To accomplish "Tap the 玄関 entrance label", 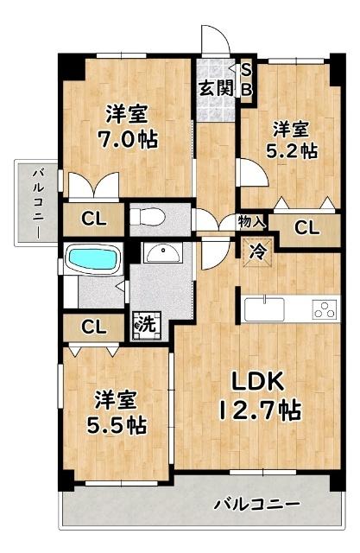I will pyautogui.click(x=215, y=87).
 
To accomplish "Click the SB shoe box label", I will pyautogui.click(x=246, y=79).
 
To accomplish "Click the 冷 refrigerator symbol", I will pyautogui.click(x=257, y=252).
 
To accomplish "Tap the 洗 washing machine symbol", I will pyautogui.click(x=145, y=326).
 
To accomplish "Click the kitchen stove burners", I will pyautogui.click(x=325, y=309).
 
